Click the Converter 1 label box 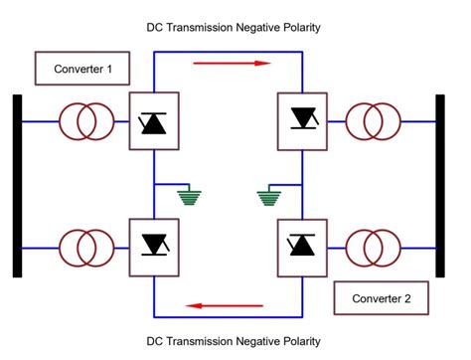coord(82,69)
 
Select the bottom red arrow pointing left coord(227,305)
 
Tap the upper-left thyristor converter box coord(153,121)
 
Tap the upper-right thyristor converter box coord(300,121)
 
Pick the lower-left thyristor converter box coord(153,243)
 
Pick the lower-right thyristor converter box coord(300,243)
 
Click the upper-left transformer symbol coord(86,121)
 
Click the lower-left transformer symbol coord(86,244)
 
